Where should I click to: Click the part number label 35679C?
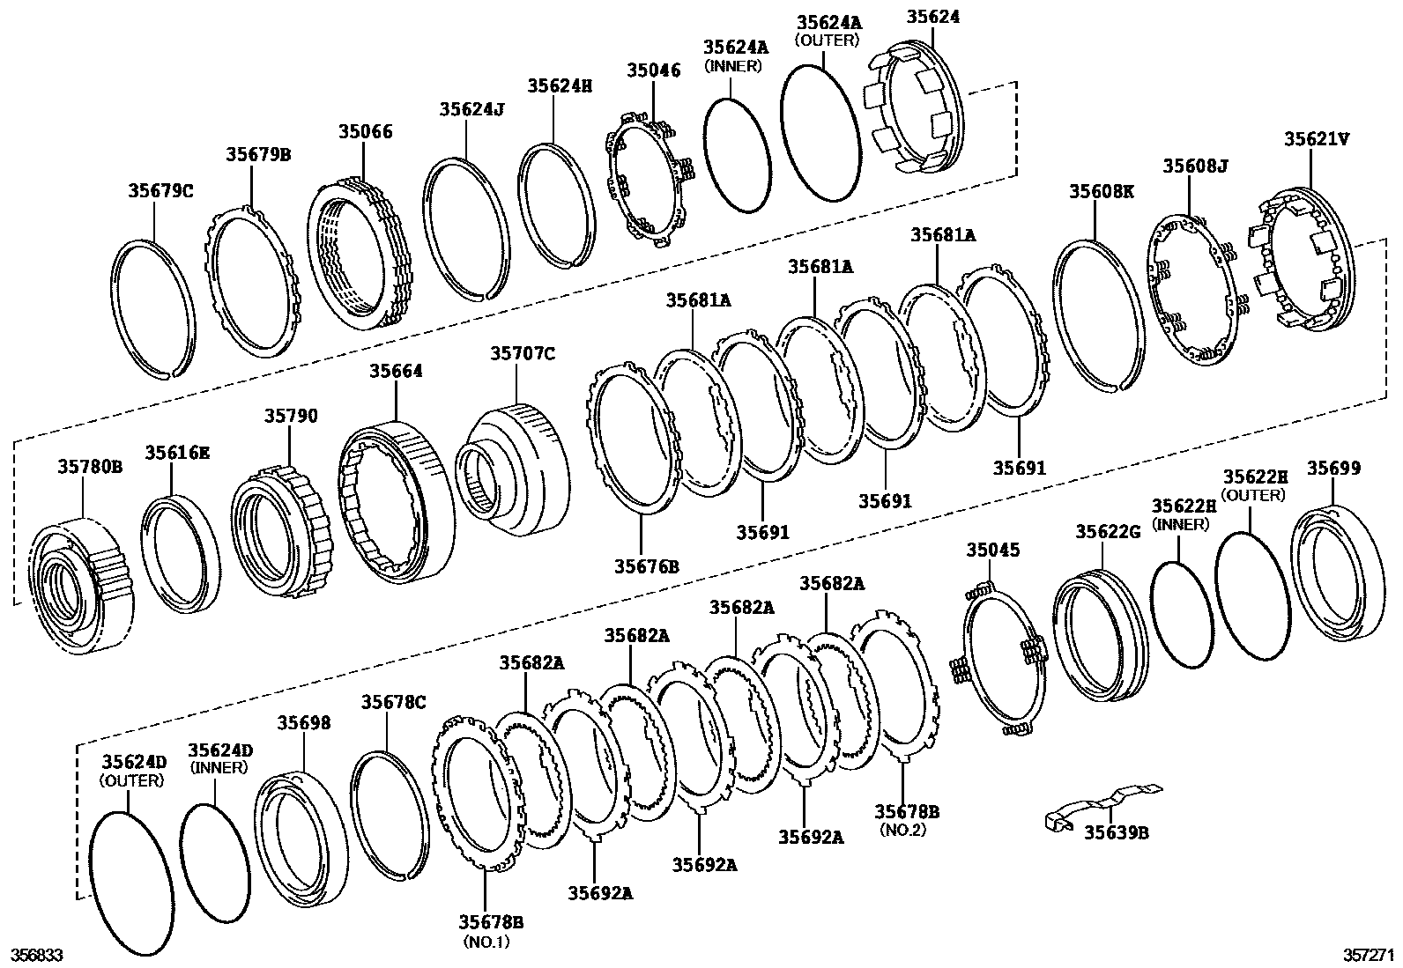[160, 189]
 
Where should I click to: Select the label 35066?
[365, 132]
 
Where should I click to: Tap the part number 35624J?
[471, 108]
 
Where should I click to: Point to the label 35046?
[654, 70]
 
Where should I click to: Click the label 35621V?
[1316, 138]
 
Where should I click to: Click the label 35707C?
[523, 353]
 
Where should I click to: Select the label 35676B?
[647, 565]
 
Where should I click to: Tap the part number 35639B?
[1116, 831]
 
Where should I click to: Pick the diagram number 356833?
[35, 955]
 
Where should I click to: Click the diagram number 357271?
[1369, 955]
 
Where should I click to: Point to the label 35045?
[992, 551]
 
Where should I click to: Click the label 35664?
[396, 371]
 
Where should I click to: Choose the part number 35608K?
[1102, 190]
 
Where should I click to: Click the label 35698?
[304, 722]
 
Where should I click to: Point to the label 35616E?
[178, 453]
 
